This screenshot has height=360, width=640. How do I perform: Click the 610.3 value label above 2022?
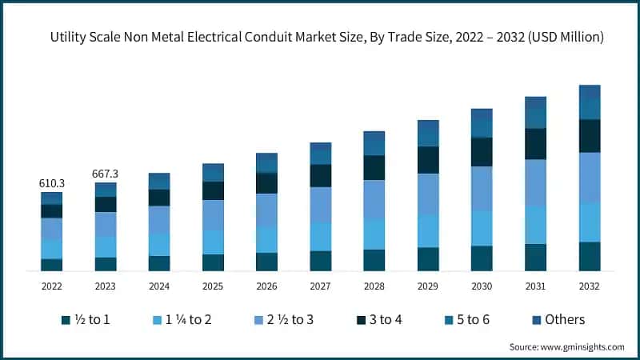click(x=52, y=184)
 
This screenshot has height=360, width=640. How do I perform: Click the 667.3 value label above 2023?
click(x=106, y=174)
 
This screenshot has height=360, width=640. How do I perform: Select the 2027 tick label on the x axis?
click(x=320, y=286)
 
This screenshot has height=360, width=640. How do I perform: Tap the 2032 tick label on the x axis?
click(x=589, y=286)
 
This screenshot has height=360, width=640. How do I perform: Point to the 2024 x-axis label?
click(x=159, y=286)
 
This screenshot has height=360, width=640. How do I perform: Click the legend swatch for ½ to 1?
click(x=66, y=320)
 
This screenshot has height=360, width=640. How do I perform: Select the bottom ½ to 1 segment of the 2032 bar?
click(x=590, y=256)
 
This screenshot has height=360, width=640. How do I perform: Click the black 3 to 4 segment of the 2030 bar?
click(x=482, y=151)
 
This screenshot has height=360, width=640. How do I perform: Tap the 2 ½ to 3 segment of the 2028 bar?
click(x=374, y=199)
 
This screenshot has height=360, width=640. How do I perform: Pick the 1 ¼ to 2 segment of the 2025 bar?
click(x=213, y=242)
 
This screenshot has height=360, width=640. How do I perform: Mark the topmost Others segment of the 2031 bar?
click(x=535, y=102)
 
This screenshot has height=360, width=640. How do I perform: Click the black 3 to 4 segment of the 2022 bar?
click(x=52, y=210)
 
